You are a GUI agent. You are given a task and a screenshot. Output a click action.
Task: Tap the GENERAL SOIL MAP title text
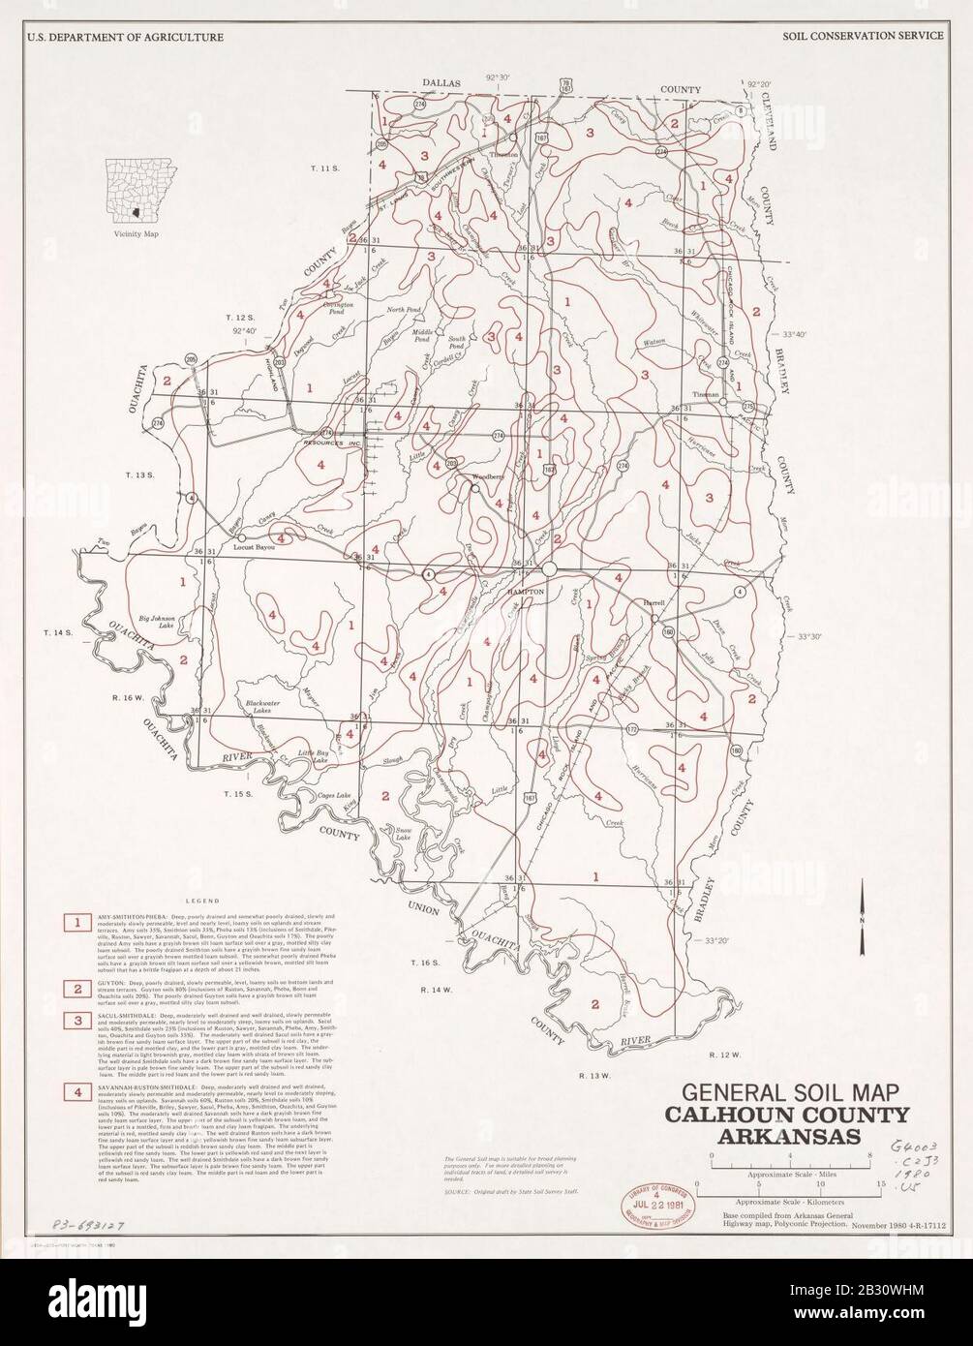point(784,1091)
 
